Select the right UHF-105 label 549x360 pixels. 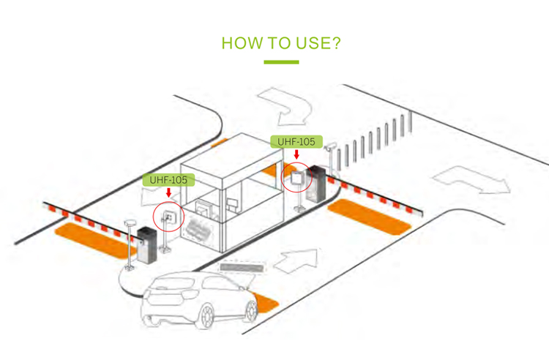[x=296, y=140]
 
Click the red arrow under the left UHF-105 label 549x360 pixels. [x=168, y=193]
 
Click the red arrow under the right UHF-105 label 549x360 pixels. [x=296, y=154]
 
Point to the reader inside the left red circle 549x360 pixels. [x=168, y=217]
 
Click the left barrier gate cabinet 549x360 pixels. [x=147, y=245]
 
